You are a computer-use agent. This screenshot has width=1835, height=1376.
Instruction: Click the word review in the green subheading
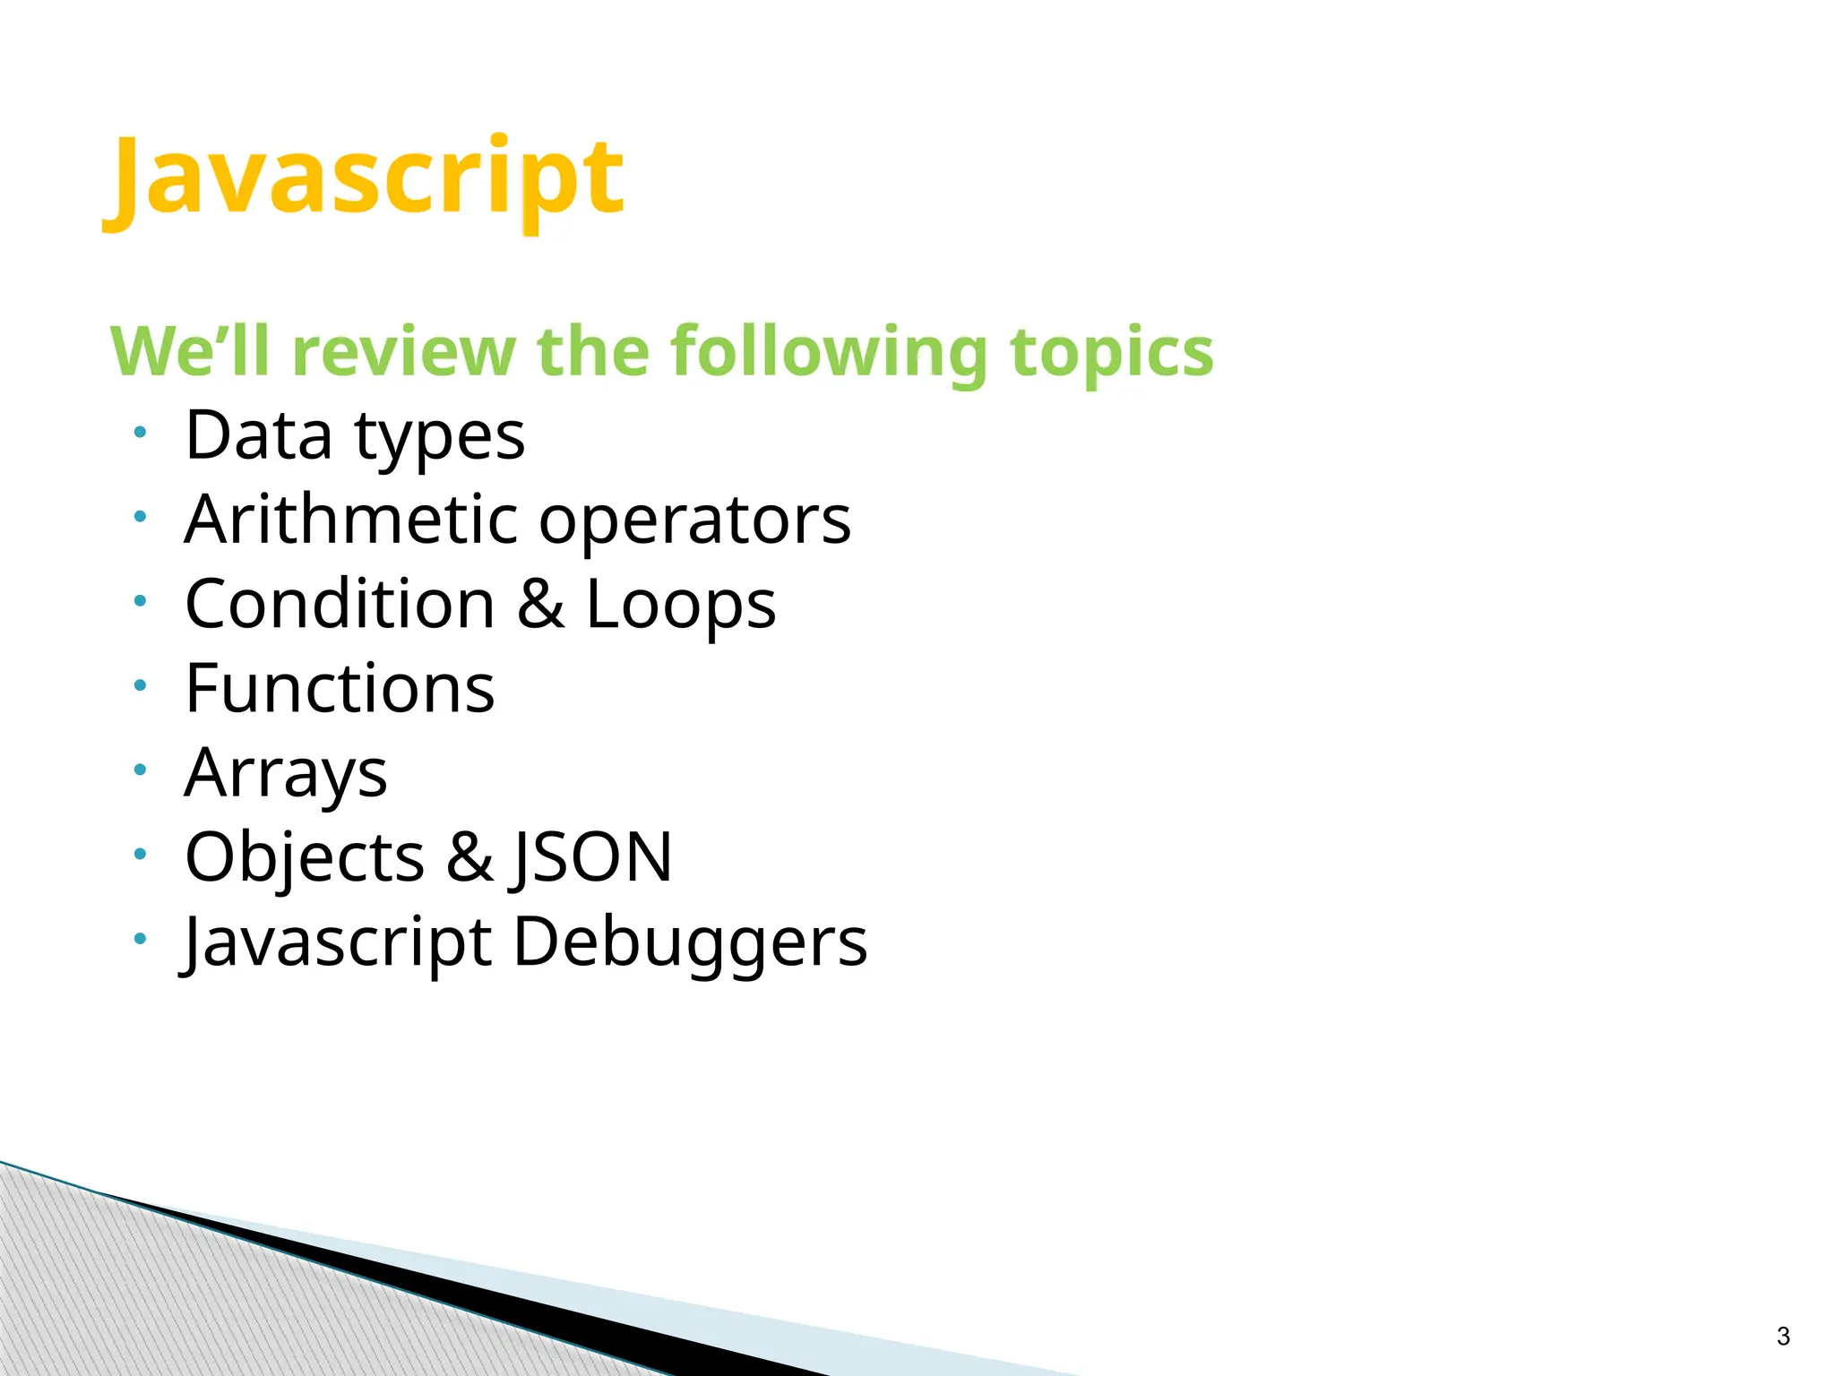404,351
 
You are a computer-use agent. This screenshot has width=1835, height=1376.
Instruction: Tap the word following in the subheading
830,351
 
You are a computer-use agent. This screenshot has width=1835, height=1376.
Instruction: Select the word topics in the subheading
1111,351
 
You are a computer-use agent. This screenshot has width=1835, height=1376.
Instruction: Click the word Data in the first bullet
259,435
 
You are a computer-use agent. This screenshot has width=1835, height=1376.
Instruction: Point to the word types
440,437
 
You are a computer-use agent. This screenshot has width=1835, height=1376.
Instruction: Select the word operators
695,521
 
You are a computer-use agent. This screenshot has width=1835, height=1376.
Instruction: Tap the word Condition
340,604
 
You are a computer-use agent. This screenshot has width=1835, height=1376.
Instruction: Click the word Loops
681,606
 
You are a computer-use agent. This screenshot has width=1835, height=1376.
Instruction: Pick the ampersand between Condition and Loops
540,604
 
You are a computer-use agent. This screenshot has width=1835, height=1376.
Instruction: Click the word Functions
340,688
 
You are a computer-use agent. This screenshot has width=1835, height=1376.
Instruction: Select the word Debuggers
690,942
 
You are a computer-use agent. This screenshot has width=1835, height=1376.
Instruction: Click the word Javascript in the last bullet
337,942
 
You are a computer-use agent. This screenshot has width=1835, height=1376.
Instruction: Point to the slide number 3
1783,1337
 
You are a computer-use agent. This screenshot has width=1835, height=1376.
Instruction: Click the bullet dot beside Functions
140,686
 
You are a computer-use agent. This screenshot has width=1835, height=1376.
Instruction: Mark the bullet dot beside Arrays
140,770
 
